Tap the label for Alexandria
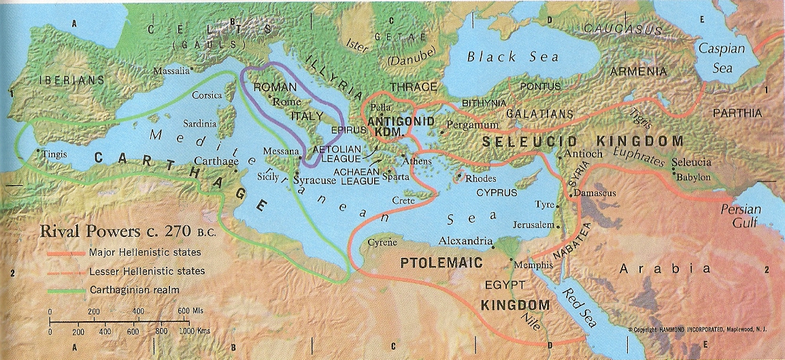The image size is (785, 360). tap(465, 241)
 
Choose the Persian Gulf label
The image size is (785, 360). tap(740, 216)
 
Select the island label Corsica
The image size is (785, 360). tap(207, 96)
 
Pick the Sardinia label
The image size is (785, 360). tap(199, 124)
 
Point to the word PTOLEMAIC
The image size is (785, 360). tap(441, 262)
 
